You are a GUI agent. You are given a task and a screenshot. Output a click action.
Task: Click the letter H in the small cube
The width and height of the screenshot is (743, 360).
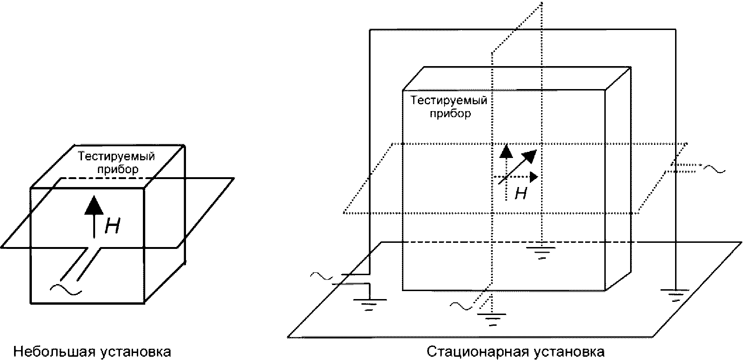pos(112,226)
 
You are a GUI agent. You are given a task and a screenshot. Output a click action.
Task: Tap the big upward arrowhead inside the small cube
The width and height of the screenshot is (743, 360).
pos(94,205)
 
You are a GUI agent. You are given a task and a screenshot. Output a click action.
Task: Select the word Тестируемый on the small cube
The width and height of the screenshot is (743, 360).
pos(116,156)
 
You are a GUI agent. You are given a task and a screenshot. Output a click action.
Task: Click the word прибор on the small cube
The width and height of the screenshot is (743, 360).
pos(118,169)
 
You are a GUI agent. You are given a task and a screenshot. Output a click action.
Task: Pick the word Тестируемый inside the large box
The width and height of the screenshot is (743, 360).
pos(448,100)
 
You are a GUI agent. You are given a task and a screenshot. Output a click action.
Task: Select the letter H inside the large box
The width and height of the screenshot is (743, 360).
pos(520,193)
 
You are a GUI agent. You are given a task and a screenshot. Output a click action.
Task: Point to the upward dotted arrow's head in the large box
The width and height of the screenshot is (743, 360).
pos(506,151)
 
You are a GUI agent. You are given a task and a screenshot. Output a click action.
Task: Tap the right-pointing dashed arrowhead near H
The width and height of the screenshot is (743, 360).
pos(534,177)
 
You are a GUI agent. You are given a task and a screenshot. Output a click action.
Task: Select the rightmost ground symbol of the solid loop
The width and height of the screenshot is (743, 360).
pos(675,295)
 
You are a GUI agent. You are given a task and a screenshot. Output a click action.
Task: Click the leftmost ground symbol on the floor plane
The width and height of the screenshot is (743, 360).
pos(370,304)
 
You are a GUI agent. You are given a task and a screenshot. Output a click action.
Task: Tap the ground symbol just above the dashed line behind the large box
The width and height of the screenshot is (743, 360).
pos(542,252)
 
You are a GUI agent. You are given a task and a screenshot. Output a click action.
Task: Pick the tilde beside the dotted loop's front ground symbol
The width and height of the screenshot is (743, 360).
pos(461,306)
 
